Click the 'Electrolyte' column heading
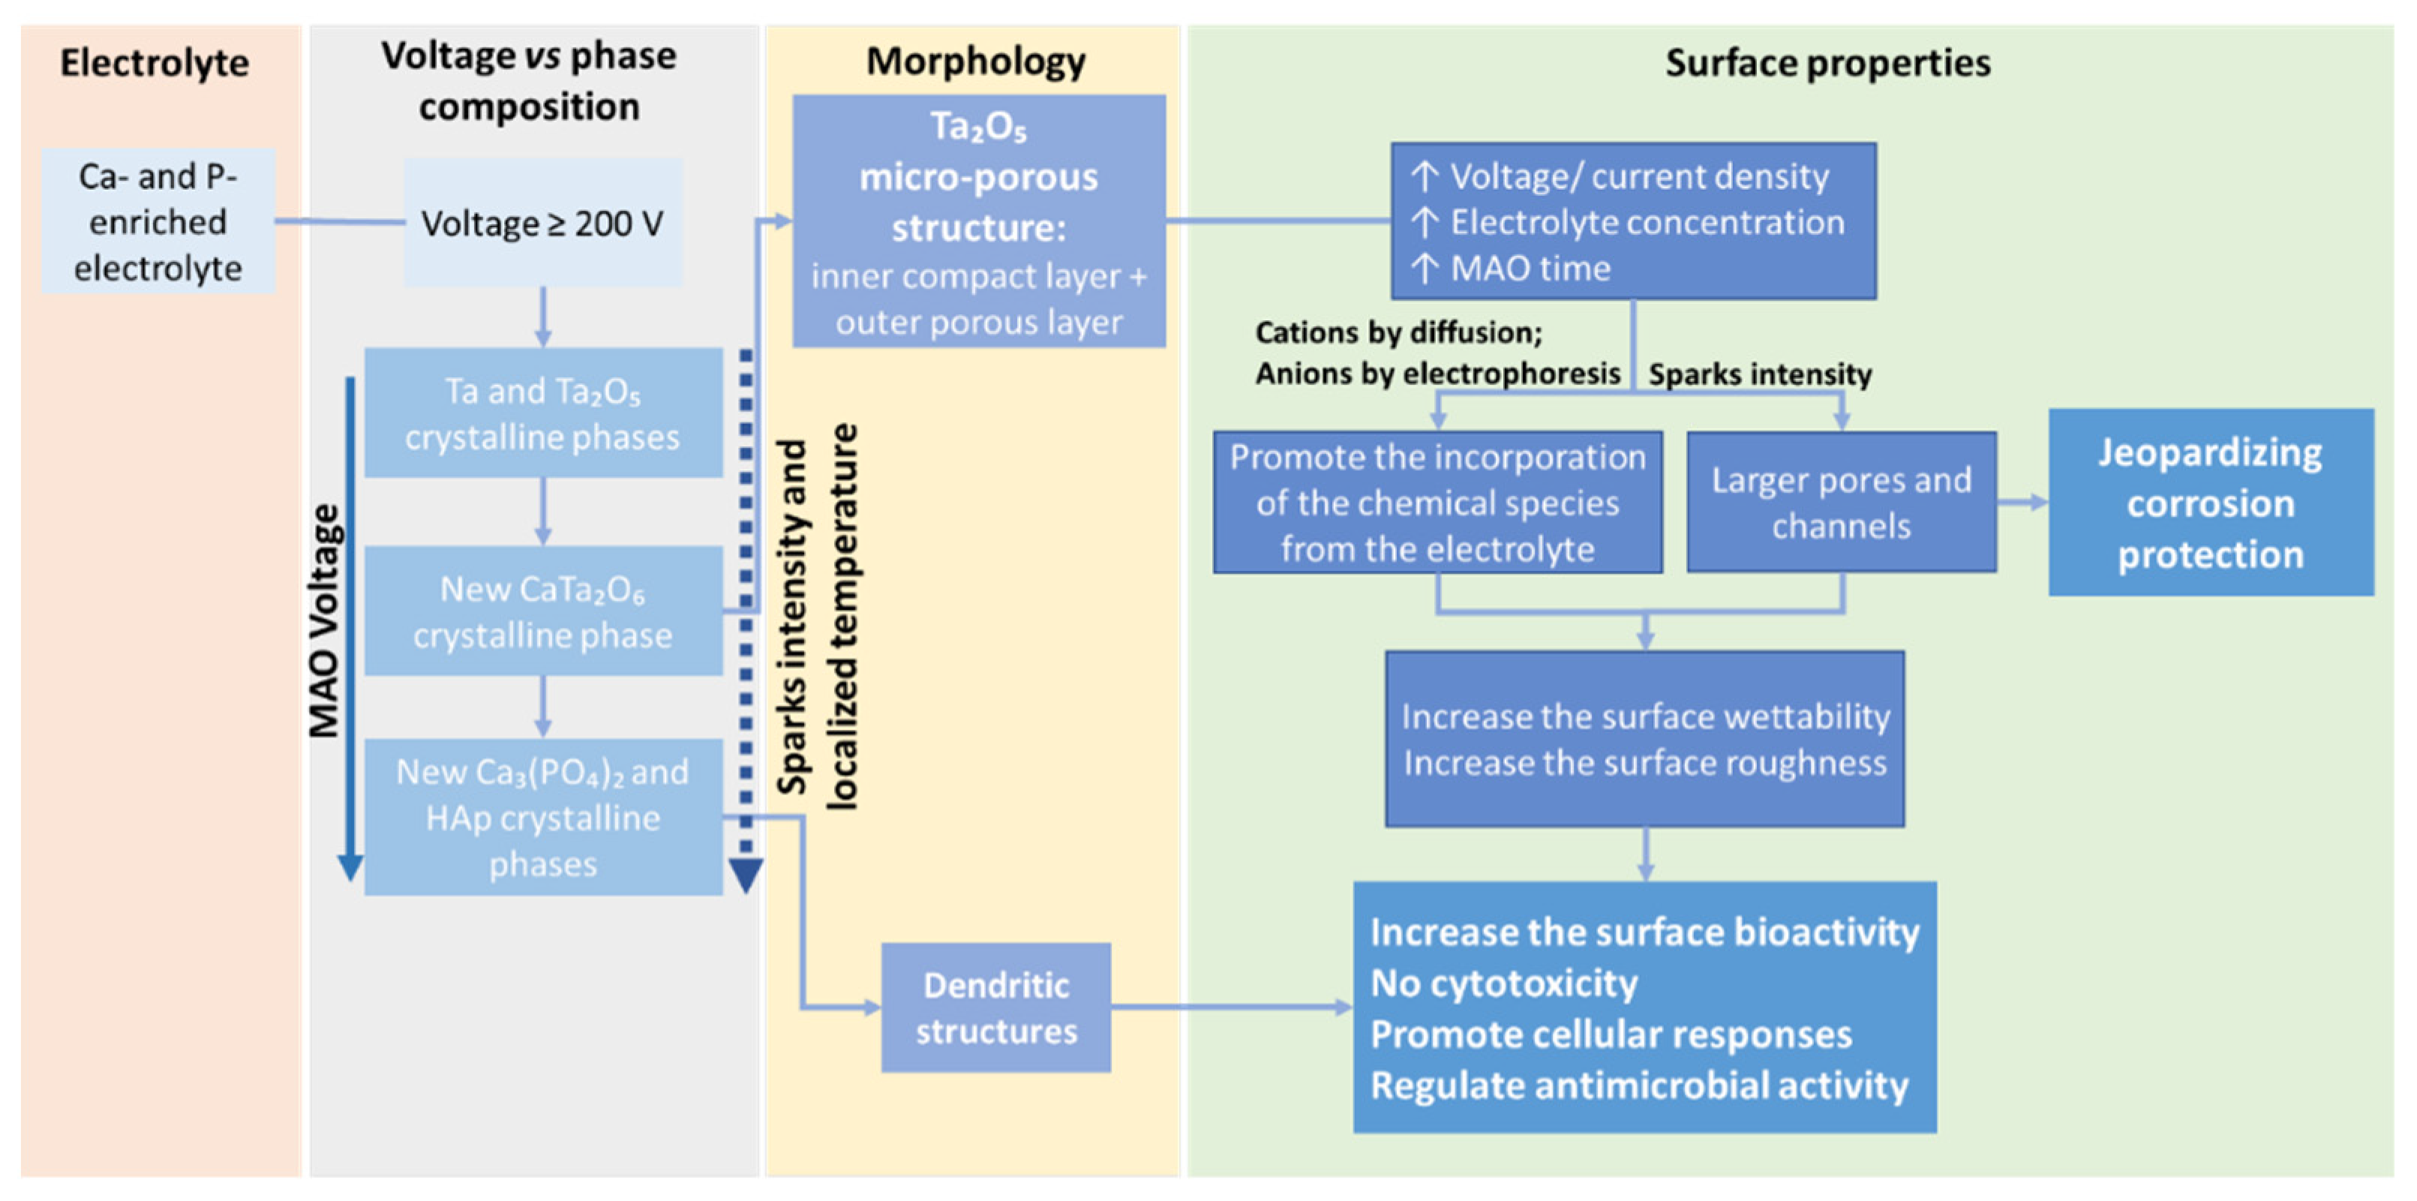155,64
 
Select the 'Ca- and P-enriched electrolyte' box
158,222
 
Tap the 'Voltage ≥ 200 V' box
542,224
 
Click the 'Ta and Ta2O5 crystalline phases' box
542,414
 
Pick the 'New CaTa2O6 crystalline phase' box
542,612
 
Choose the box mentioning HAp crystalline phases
542,817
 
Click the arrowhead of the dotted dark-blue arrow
746,875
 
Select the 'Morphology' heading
976,62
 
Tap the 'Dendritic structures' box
995,1007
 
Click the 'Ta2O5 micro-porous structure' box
979,222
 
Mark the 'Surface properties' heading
1827,64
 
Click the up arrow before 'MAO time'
1425,269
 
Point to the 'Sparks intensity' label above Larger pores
1760,374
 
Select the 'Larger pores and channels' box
1841,503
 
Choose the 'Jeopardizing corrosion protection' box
2211,503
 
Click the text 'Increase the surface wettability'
1645,717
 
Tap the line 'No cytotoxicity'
1503,983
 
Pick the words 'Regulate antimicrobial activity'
1639,1085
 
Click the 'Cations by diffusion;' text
1398,332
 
